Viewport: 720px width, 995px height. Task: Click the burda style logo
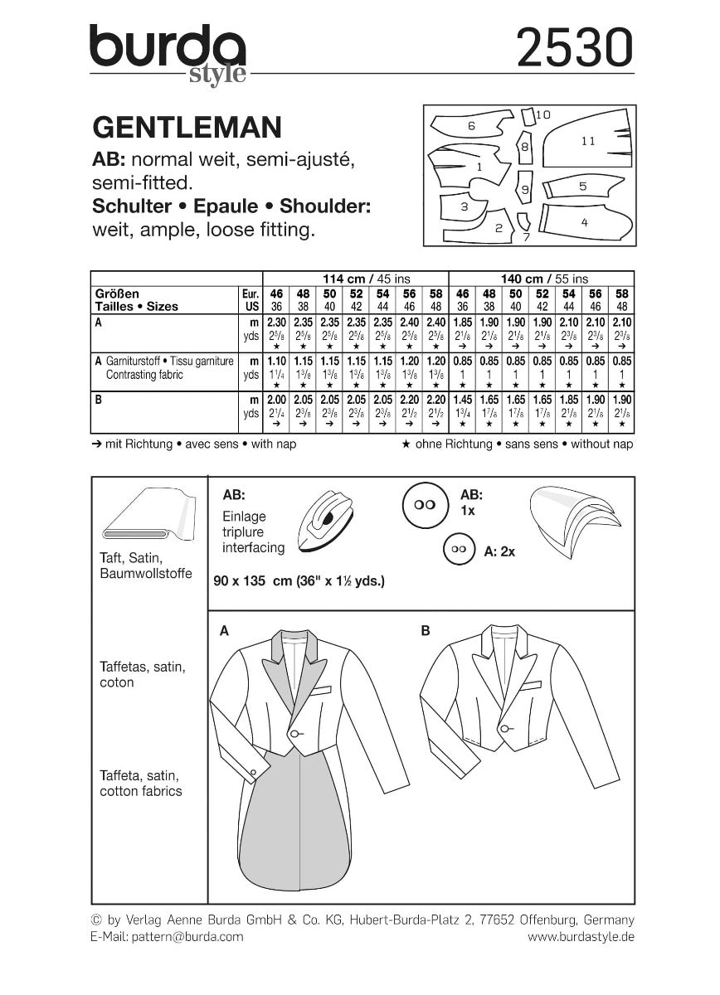click(x=168, y=52)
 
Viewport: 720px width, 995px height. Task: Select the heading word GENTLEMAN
click(x=187, y=127)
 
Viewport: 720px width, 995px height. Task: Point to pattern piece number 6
click(x=469, y=126)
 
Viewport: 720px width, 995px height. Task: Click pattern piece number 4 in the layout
click(x=585, y=221)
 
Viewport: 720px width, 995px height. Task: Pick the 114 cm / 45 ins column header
click(x=355, y=279)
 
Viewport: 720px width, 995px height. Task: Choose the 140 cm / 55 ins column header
click(x=541, y=279)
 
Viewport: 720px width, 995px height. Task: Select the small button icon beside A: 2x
click(x=458, y=550)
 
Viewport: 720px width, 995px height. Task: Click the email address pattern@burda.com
click(x=167, y=936)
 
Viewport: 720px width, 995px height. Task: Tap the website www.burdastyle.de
click(x=581, y=936)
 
